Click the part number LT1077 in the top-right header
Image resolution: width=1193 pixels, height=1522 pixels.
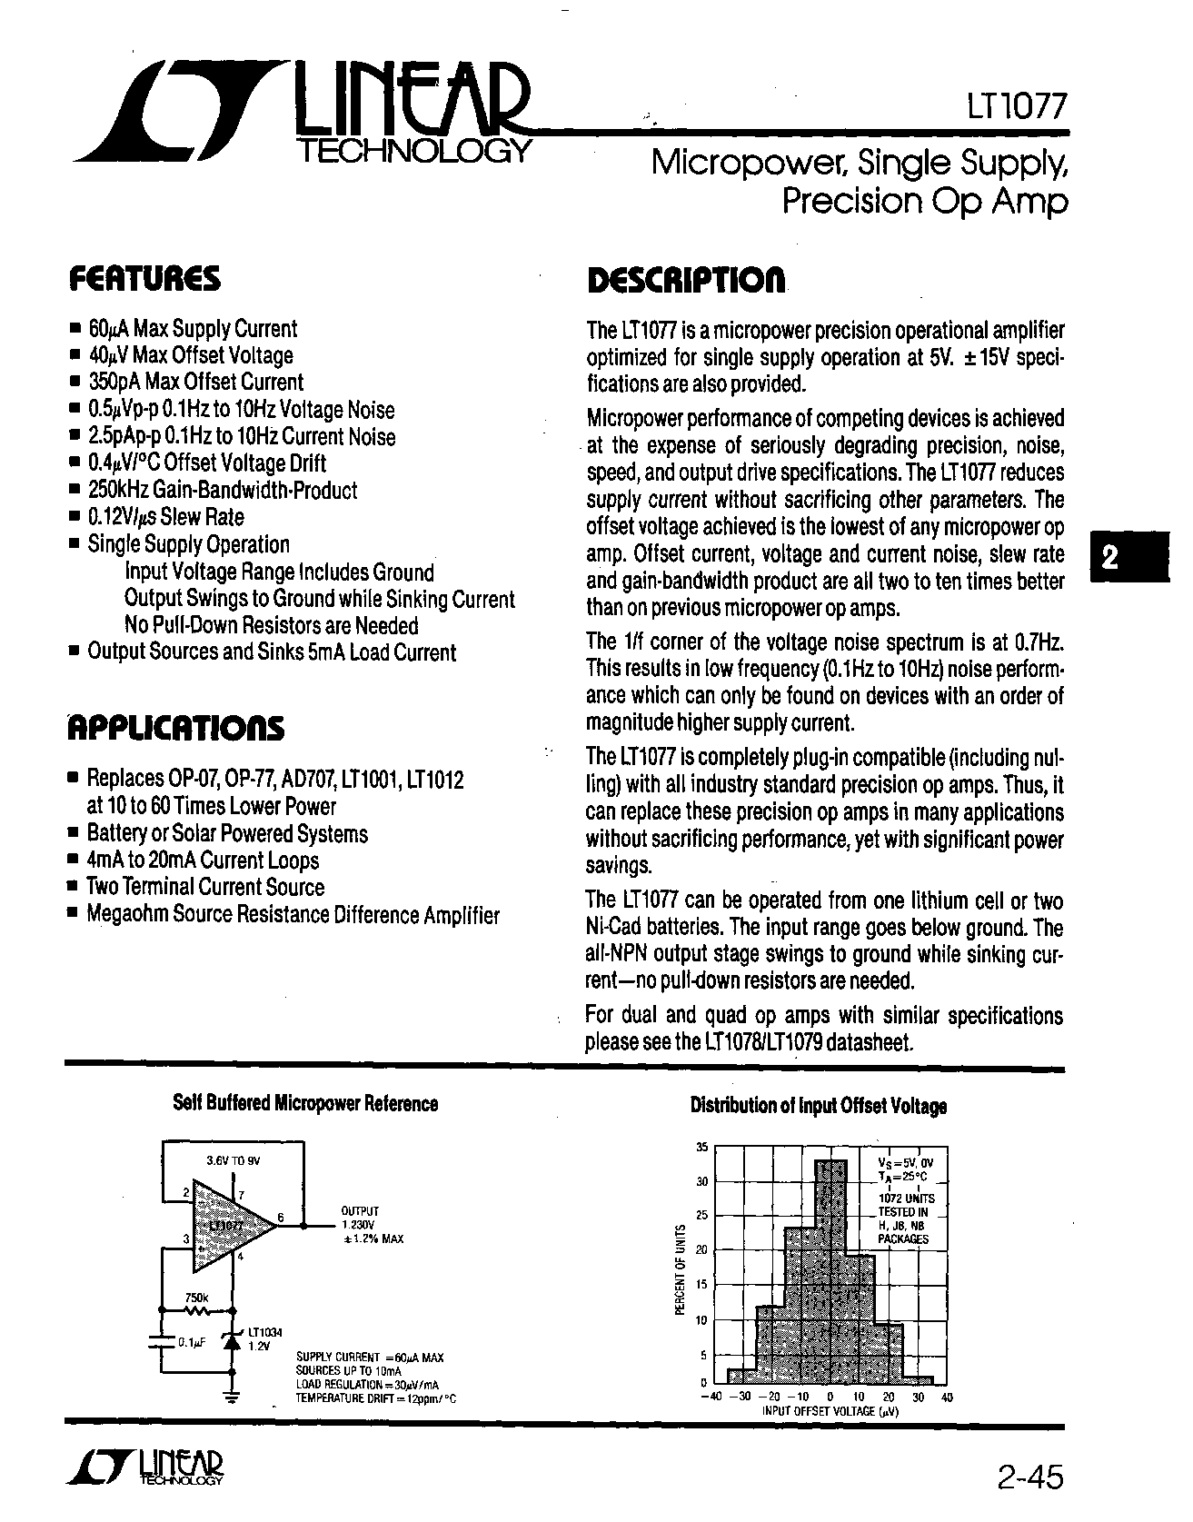1015,108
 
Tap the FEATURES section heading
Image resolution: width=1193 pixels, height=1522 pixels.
144,278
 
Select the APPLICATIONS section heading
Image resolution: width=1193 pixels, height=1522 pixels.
176,728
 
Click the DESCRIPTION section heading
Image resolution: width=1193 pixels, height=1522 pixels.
686,280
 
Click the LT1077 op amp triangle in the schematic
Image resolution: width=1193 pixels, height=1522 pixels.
229,1226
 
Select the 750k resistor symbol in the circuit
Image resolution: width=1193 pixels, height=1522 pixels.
197,1309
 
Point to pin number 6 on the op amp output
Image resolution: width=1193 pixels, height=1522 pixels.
280,1218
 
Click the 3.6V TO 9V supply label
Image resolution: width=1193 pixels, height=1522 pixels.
234,1160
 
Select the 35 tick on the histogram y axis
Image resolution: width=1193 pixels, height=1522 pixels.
701,1148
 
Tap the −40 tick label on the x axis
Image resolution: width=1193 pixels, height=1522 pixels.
714,1397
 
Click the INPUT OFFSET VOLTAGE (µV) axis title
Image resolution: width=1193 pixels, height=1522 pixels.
830,1411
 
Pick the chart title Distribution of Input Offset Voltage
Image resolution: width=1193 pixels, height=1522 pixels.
818,1106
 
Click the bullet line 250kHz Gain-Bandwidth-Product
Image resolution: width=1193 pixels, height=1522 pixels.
223,491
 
